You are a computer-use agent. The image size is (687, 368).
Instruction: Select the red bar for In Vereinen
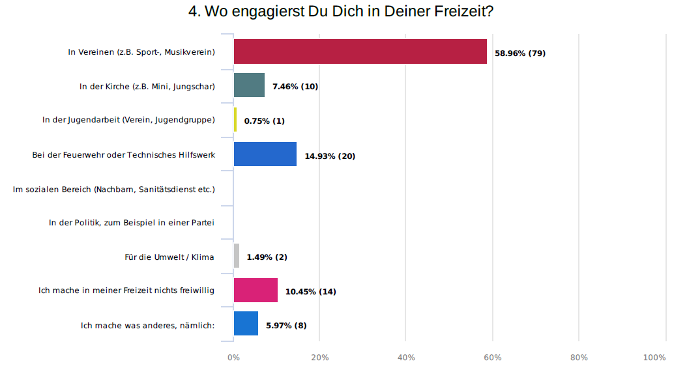tap(360, 51)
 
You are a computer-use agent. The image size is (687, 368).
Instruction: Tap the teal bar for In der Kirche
tap(249, 85)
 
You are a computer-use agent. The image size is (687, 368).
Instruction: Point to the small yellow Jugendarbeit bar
tap(235, 120)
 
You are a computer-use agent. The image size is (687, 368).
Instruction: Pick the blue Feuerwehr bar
tap(265, 154)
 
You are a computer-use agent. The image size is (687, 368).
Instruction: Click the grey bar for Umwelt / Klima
tap(237, 256)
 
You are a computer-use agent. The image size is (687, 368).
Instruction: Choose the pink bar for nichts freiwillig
tap(256, 290)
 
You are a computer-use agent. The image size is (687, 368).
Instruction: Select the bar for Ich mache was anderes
tap(246, 324)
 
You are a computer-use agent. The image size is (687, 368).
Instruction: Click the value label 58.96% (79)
tap(520, 53)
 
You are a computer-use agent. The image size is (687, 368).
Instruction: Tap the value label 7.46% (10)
tap(295, 87)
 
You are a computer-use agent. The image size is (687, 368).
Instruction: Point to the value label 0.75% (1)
tap(265, 121)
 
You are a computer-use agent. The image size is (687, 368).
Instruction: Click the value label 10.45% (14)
tap(311, 291)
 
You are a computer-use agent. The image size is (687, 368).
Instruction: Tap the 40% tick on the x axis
tap(406, 358)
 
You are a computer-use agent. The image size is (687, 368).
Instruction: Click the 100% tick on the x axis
tap(654, 358)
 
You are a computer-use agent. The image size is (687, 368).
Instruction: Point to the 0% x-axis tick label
tap(233, 358)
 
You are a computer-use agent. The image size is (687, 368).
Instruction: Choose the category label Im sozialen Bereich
tap(114, 189)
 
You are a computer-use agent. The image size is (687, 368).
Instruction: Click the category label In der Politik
tap(132, 223)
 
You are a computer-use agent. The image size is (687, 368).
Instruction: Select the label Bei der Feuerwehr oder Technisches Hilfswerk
tap(124, 155)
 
